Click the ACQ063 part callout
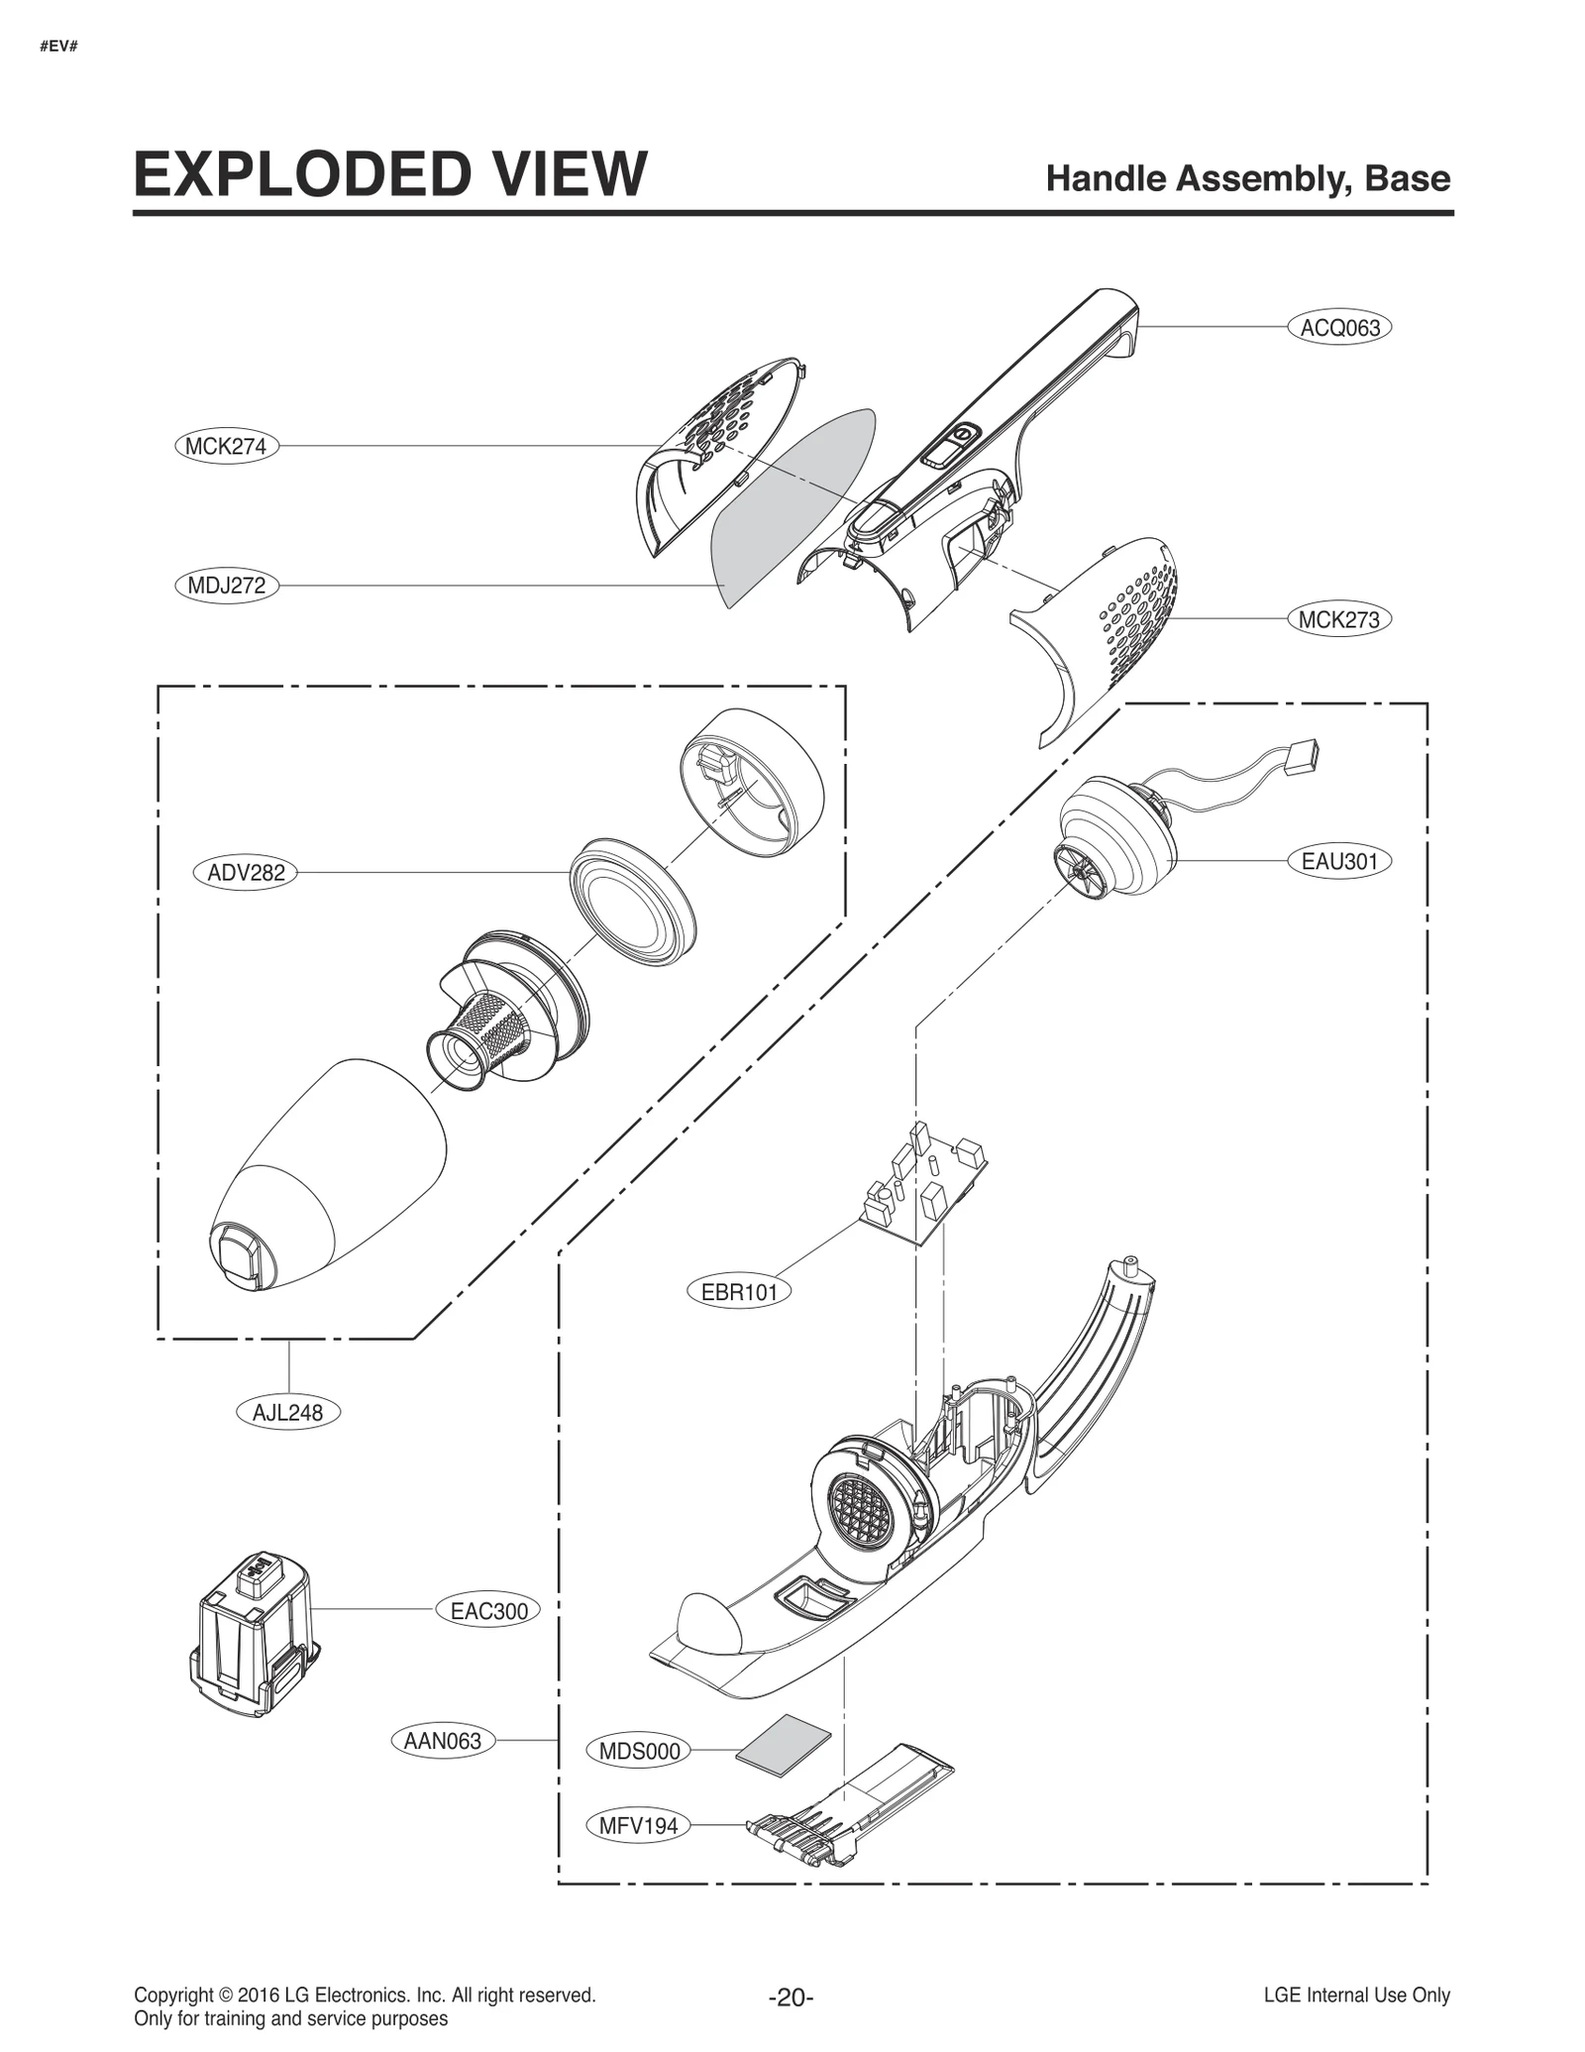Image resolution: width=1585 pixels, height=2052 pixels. click(x=1338, y=327)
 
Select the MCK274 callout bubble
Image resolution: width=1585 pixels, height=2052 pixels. click(x=226, y=447)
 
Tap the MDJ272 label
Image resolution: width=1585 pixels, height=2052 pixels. click(x=226, y=586)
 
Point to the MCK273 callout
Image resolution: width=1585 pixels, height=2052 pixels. click(x=1338, y=620)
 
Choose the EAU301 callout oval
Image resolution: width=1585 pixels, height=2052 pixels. click(x=1339, y=861)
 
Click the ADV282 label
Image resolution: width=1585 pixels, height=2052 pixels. click(x=245, y=873)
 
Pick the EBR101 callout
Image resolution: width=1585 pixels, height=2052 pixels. click(x=739, y=1292)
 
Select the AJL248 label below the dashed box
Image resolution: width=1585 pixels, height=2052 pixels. click(x=287, y=1412)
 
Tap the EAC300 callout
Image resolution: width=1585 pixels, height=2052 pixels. click(x=488, y=1611)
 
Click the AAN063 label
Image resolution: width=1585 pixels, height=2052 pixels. click(x=443, y=1741)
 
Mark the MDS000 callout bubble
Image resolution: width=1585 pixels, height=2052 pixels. click(x=639, y=1751)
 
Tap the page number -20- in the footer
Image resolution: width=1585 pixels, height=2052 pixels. click(x=791, y=1997)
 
